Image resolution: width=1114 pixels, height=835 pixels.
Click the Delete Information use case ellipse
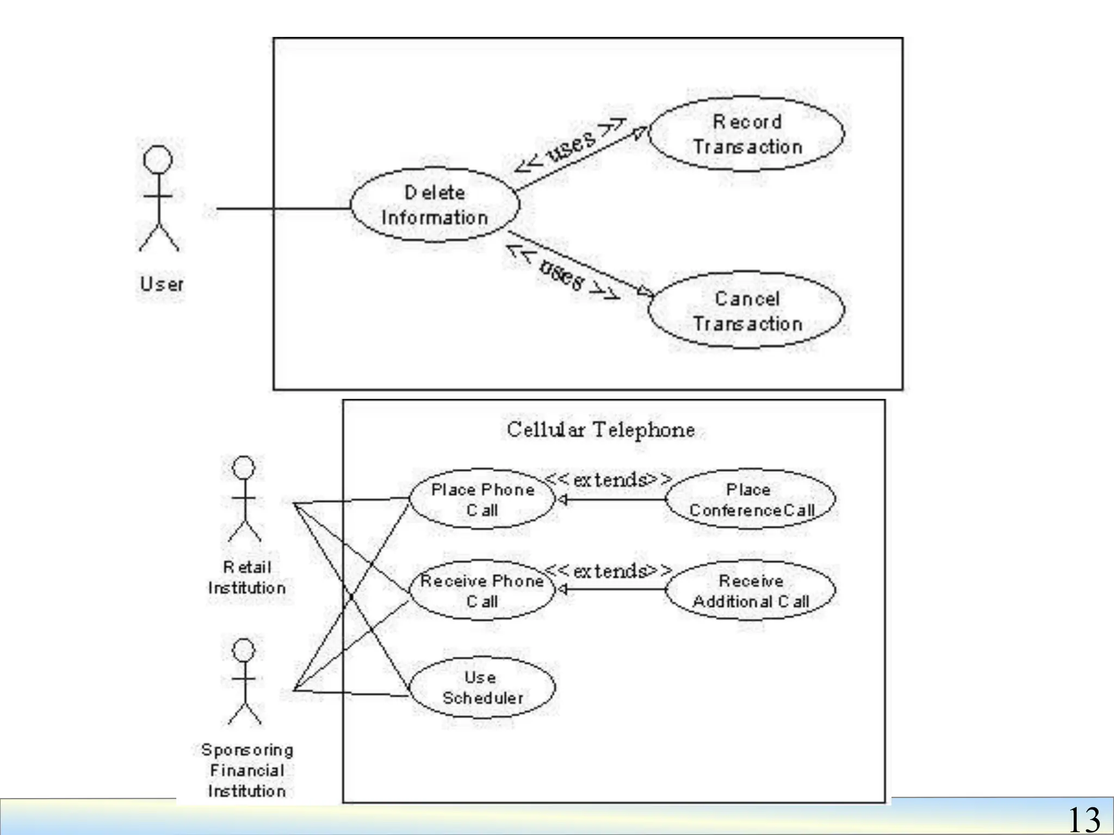click(434, 205)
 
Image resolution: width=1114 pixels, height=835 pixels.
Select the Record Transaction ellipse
click(746, 134)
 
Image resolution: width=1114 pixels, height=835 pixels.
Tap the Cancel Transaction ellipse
click(746, 310)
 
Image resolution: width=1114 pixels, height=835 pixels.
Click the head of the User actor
click(158, 160)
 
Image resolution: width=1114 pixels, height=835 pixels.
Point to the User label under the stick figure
click(161, 284)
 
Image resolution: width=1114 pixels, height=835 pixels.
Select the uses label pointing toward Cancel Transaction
click(562, 275)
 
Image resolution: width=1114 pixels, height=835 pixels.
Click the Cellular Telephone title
click(601, 430)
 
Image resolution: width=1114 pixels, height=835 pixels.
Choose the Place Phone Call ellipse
click(482, 499)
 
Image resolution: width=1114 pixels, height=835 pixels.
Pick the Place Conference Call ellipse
click(751, 499)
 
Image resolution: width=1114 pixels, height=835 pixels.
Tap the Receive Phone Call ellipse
click(482, 590)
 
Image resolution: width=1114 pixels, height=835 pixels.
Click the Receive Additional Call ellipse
click(751, 590)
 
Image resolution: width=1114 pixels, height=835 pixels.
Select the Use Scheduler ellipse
click(482, 687)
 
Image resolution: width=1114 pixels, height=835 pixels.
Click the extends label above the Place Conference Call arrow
click(608, 480)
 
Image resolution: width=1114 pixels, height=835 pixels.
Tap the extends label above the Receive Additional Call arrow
click(608, 571)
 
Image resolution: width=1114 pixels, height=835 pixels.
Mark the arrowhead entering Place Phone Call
click(562, 499)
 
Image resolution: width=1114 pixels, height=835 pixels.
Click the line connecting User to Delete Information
click(283, 208)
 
